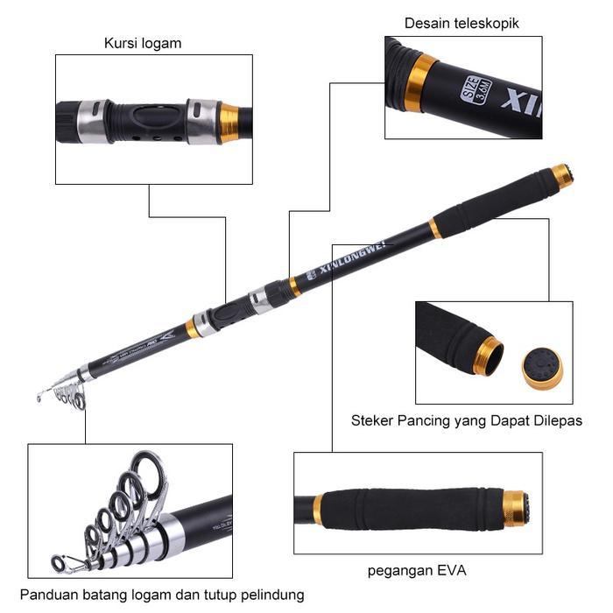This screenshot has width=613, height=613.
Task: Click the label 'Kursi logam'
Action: pos(143,43)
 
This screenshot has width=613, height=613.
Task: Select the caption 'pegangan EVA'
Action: pos(416,571)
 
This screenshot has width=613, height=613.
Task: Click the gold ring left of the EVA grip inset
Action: pos(318,508)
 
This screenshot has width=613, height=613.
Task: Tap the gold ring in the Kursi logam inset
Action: pos(229,123)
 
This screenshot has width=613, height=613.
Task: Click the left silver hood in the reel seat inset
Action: pos(93,121)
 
